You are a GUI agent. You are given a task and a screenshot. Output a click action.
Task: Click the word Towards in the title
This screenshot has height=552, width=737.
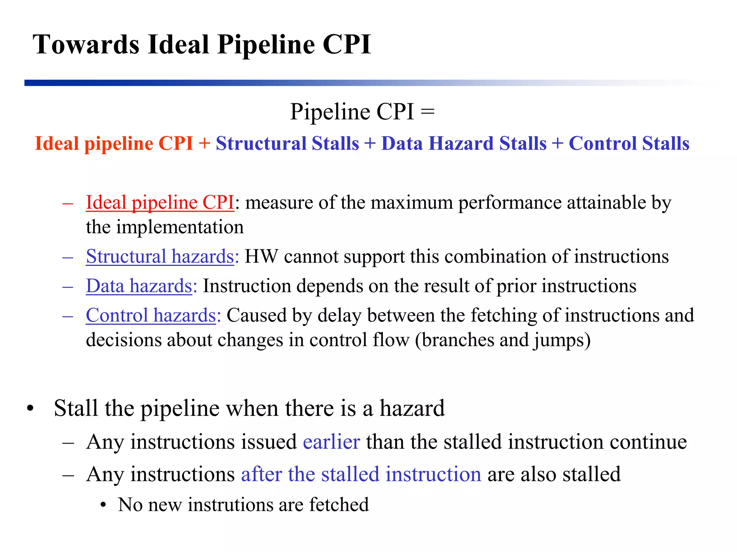click(86, 45)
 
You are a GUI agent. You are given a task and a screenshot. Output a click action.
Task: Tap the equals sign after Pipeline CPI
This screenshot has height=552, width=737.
click(428, 111)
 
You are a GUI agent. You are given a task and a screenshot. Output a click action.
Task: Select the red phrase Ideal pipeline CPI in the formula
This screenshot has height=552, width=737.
click(114, 143)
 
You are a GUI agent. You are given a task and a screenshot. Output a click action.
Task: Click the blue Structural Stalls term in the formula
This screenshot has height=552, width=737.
click(287, 143)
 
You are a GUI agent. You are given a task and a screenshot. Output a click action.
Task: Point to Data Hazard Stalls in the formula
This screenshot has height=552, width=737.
click(464, 143)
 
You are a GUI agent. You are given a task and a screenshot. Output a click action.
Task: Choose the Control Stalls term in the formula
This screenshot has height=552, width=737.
click(629, 143)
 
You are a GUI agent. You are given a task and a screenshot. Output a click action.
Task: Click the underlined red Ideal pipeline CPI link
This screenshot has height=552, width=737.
click(160, 202)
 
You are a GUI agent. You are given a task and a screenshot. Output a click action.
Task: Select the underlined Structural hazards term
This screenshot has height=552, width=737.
click(160, 257)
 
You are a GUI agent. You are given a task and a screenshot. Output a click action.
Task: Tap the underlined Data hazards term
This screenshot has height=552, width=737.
click(139, 286)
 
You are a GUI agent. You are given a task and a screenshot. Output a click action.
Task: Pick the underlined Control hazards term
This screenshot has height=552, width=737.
click(151, 316)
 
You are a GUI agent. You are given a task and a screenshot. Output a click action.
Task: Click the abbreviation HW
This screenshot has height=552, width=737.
click(261, 257)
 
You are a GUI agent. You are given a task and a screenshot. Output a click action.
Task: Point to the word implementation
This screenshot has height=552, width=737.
click(180, 227)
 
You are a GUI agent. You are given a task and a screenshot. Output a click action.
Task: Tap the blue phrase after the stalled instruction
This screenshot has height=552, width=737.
click(361, 474)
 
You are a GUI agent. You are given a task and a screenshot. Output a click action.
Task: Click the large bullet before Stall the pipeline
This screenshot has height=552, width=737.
click(30, 409)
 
